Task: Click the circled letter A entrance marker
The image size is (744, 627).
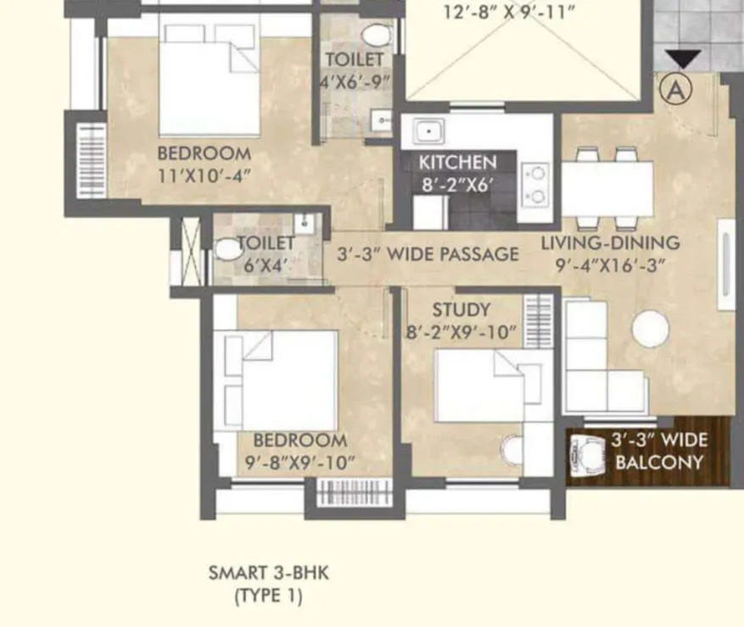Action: pos(676,88)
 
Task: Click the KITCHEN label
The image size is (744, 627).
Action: pos(458,162)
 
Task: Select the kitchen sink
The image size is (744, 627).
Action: pos(428,131)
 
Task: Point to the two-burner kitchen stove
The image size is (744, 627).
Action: pos(536,185)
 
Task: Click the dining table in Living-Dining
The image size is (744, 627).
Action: pos(607,188)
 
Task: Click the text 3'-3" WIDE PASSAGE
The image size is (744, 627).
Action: pos(428,253)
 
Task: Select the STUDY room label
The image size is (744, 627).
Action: pos(461,310)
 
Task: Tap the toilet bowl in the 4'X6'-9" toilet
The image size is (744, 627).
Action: pos(375,35)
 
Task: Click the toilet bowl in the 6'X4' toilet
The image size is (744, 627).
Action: pos(227,250)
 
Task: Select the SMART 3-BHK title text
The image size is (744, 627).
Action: pos(268,573)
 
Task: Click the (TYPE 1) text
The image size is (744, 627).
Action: pos(268,596)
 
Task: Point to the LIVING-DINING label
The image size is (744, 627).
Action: pos(611,243)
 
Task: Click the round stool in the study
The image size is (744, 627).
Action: pos(512,450)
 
